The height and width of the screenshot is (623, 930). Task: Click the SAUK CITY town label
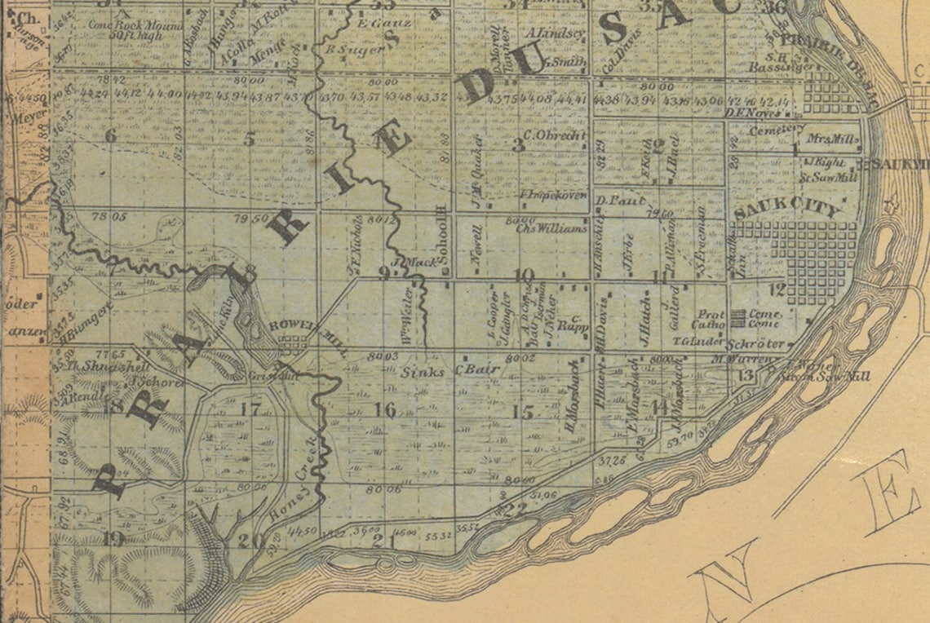click(786, 210)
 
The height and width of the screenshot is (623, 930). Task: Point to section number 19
click(113, 537)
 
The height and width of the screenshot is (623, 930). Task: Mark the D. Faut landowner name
click(621, 200)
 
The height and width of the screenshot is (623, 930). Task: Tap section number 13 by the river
click(744, 375)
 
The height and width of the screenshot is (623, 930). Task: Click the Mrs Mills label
click(832, 139)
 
